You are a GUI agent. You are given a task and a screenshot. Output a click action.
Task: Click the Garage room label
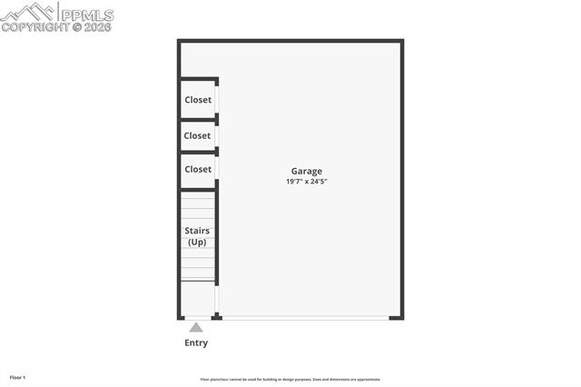coord(306,171)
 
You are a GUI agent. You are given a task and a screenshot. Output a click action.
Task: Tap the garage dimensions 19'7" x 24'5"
coord(306,182)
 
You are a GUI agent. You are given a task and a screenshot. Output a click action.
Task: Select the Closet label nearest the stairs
coord(198,169)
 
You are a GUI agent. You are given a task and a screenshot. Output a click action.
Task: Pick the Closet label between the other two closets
coord(197,135)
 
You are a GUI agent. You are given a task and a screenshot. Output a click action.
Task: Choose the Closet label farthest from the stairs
coord(198,100)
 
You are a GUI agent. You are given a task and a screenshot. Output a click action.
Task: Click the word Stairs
coord(197,231)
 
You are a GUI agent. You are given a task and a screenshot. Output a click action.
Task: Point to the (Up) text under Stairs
coord(197,243)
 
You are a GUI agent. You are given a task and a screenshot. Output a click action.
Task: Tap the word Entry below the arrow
coord(196,342)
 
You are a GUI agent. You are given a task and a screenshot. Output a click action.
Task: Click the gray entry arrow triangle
coord(196,327)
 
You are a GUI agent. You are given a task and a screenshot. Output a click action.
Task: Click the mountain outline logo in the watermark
coord(27,12)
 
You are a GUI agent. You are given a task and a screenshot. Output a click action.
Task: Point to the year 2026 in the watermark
coord(97,27)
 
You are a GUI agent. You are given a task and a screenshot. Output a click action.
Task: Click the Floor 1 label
coord(18,377)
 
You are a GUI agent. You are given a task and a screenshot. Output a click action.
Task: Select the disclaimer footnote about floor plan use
coord(290,380)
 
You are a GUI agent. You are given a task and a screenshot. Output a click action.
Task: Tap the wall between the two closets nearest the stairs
coord(198,153)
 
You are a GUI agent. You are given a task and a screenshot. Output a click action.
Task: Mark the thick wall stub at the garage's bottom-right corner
coord(396,317)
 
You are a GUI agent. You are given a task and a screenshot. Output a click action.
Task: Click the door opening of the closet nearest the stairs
coord(216,169)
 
